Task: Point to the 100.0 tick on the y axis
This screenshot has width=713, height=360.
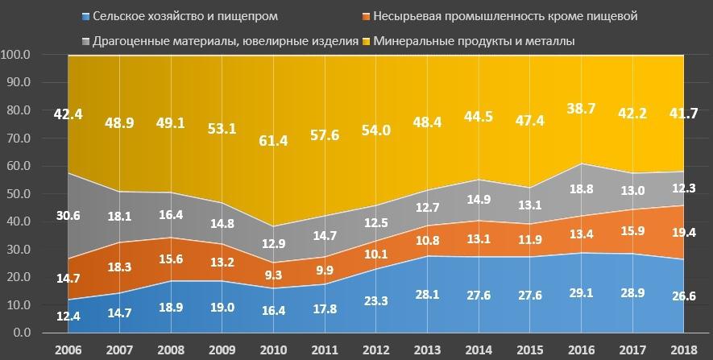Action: click(17, 55)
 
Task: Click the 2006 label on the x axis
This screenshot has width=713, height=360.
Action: click(68, 351)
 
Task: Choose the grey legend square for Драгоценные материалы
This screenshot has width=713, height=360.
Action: click(86, 39)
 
